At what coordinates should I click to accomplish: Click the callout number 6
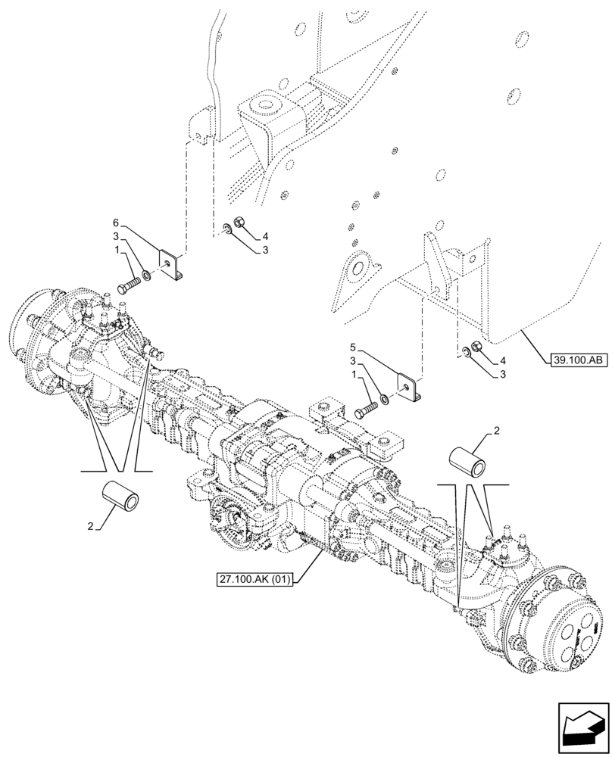pyautogui.click(x=116, y=223)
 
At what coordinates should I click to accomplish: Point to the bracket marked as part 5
pyautogui.click(x=411, y=389)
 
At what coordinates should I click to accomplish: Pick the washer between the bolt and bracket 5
pyautogui.click(x=385, y=399)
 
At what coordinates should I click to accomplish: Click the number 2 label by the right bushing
pyautogui.click(x=496, y=431)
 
